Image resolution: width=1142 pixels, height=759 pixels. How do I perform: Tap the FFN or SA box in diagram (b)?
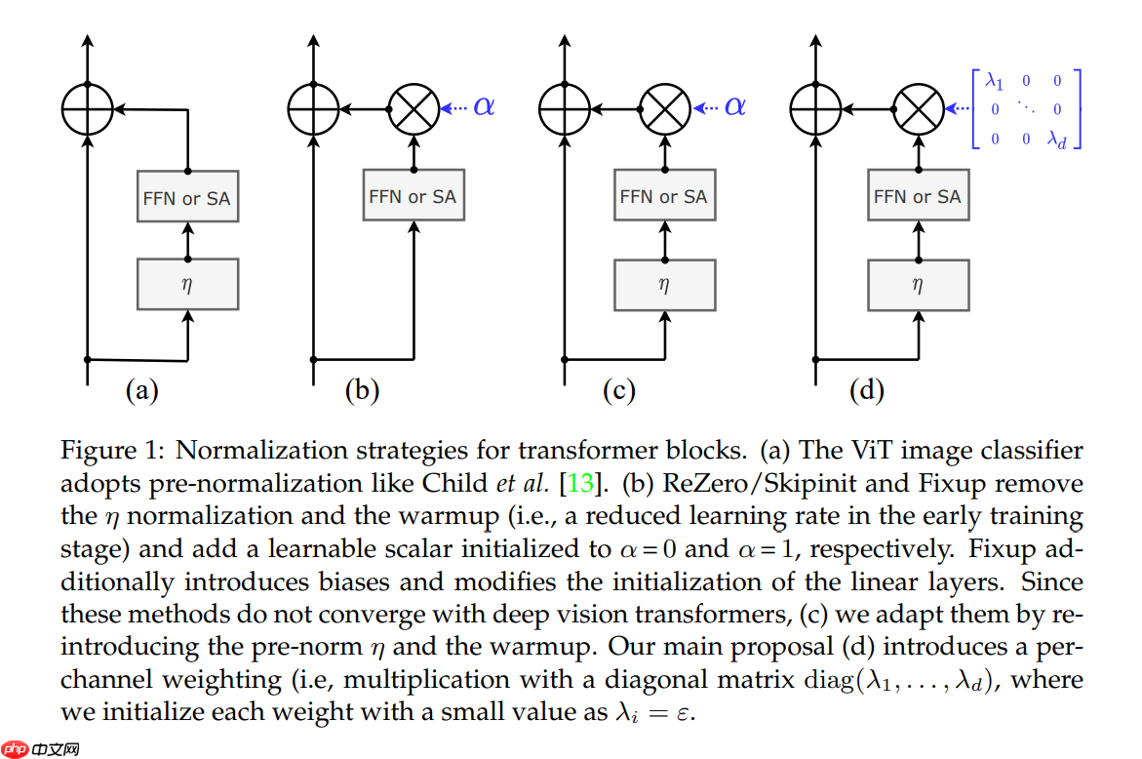(412, 196)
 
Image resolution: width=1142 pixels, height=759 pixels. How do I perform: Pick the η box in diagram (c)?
(664, 285)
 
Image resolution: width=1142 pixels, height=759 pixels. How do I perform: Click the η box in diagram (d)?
(917, 285)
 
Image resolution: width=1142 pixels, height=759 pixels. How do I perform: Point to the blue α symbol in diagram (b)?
(484, 106)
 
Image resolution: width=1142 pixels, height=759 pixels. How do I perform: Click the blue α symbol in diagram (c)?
(734, 106)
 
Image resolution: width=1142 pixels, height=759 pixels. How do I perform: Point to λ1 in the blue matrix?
(995, 81)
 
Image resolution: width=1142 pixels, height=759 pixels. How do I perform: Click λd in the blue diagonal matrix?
(1057, 140)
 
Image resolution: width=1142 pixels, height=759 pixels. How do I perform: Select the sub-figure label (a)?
(141, 391)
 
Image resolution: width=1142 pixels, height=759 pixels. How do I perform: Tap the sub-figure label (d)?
(866, 391)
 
